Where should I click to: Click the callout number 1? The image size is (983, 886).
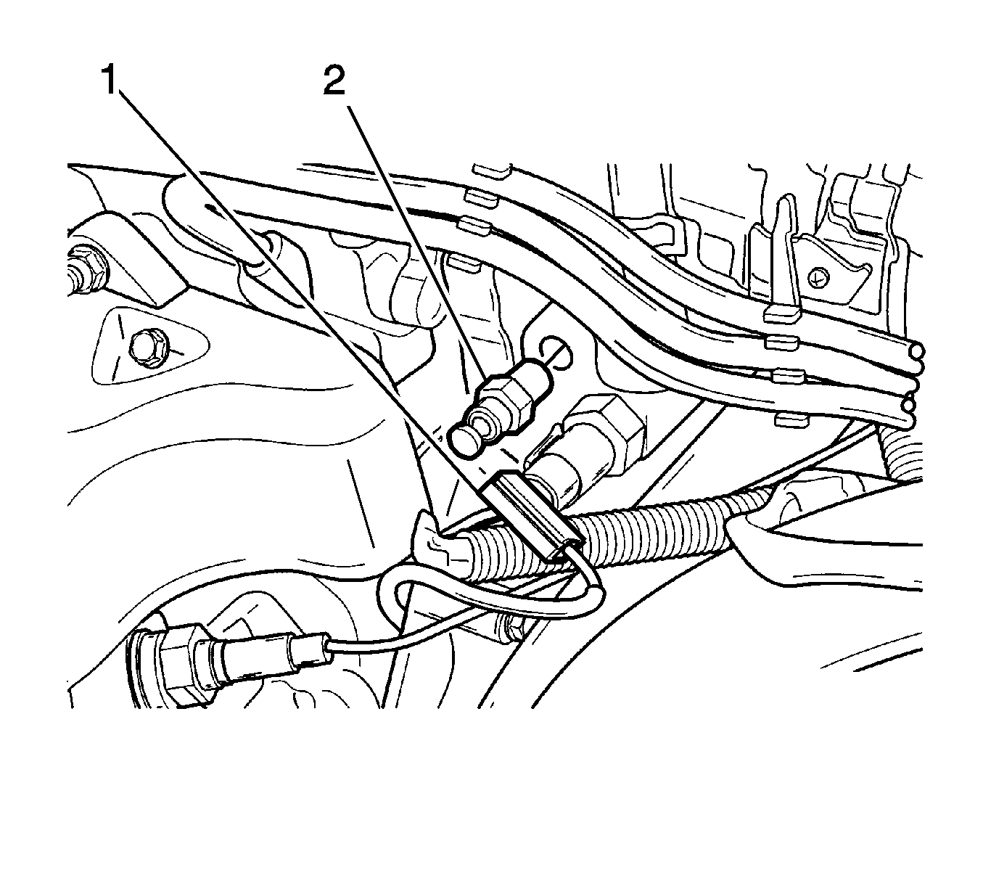[x=110, y=81]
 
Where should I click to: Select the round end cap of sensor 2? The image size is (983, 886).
[x=464, y=441]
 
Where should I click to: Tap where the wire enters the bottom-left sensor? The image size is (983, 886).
[x=327, y=649]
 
